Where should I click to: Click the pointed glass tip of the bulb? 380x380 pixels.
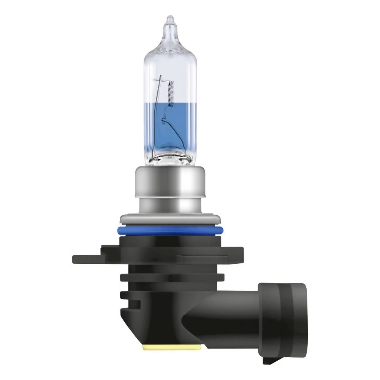pyautogui.click(x=168, y=21)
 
